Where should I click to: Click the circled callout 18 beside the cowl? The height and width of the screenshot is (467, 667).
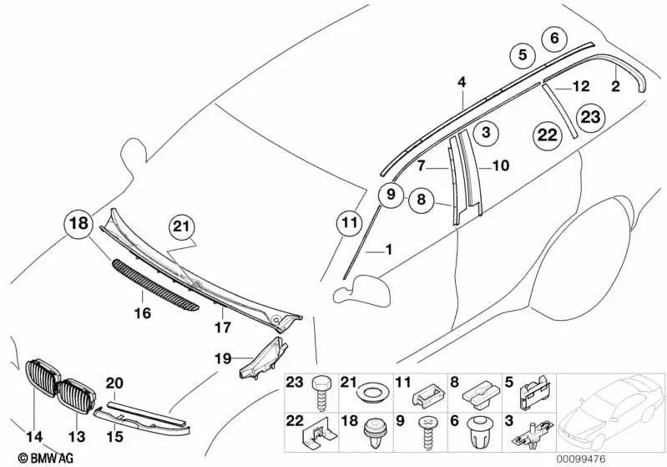pos(77,225)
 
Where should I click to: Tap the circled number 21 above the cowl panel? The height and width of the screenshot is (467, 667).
pos(181,226)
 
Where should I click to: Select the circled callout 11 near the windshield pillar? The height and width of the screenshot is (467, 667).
pos(349,223)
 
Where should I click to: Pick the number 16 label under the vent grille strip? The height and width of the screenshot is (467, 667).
pos(143,313)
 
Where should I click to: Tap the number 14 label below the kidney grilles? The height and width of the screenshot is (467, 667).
pos(33,434)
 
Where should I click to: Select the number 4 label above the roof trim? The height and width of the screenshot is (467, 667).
pos(461,81)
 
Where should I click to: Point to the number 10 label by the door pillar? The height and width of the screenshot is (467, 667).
pos(500,165)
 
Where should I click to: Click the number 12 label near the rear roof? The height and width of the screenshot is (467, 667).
pos(580,85)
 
